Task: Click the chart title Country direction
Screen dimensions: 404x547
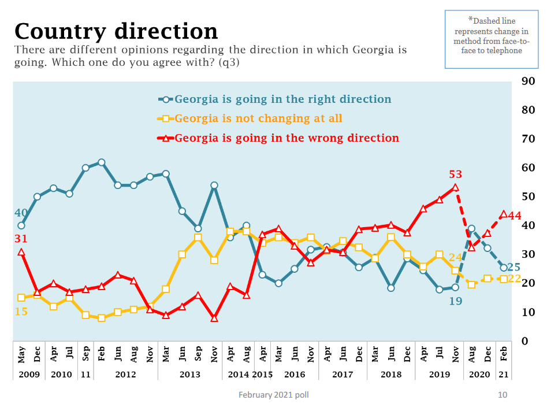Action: point(116,31)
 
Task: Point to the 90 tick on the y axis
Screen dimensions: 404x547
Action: point(527,81)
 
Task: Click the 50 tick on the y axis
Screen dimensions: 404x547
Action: point(527,197)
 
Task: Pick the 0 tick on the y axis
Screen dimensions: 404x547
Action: point(525,341)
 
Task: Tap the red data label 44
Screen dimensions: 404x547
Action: point(515,216)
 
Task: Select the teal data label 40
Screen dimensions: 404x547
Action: point(21,213)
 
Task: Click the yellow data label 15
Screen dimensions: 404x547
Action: point(21,312)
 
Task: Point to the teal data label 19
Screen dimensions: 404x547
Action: point(455,301)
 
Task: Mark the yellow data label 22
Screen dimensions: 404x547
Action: point(515,279)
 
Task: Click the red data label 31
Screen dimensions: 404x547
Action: point(21,239)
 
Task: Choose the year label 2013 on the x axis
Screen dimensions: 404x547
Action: point(189,374)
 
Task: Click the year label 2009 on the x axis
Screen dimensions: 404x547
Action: point(29,374)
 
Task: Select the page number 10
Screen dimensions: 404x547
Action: point(502,395)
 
